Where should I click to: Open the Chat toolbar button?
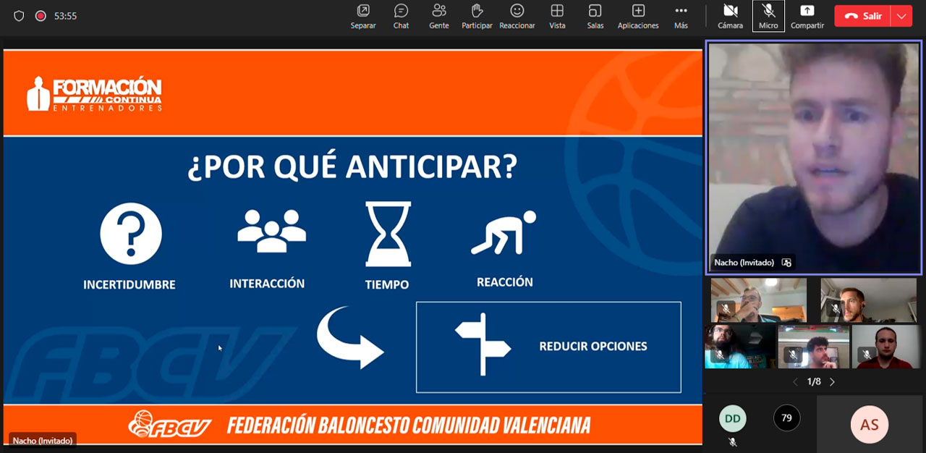[401, 17]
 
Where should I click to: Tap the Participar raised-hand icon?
[477, 11]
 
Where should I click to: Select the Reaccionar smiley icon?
[517, 11]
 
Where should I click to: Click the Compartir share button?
[807, 17]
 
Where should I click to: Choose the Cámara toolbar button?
[730, 17]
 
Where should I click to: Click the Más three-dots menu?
[681, 17]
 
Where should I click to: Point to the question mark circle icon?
[131, 234]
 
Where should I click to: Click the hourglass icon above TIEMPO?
[388, 234]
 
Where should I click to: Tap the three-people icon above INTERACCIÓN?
[271, 231]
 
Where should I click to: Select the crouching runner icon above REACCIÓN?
[504, 232]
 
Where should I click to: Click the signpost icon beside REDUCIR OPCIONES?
[483, 344]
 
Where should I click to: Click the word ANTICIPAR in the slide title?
[432, 166]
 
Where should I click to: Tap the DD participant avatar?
[733, 418]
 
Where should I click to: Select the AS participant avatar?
[870, 425]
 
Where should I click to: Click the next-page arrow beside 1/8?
[832, 382]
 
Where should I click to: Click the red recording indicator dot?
[41, 16]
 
